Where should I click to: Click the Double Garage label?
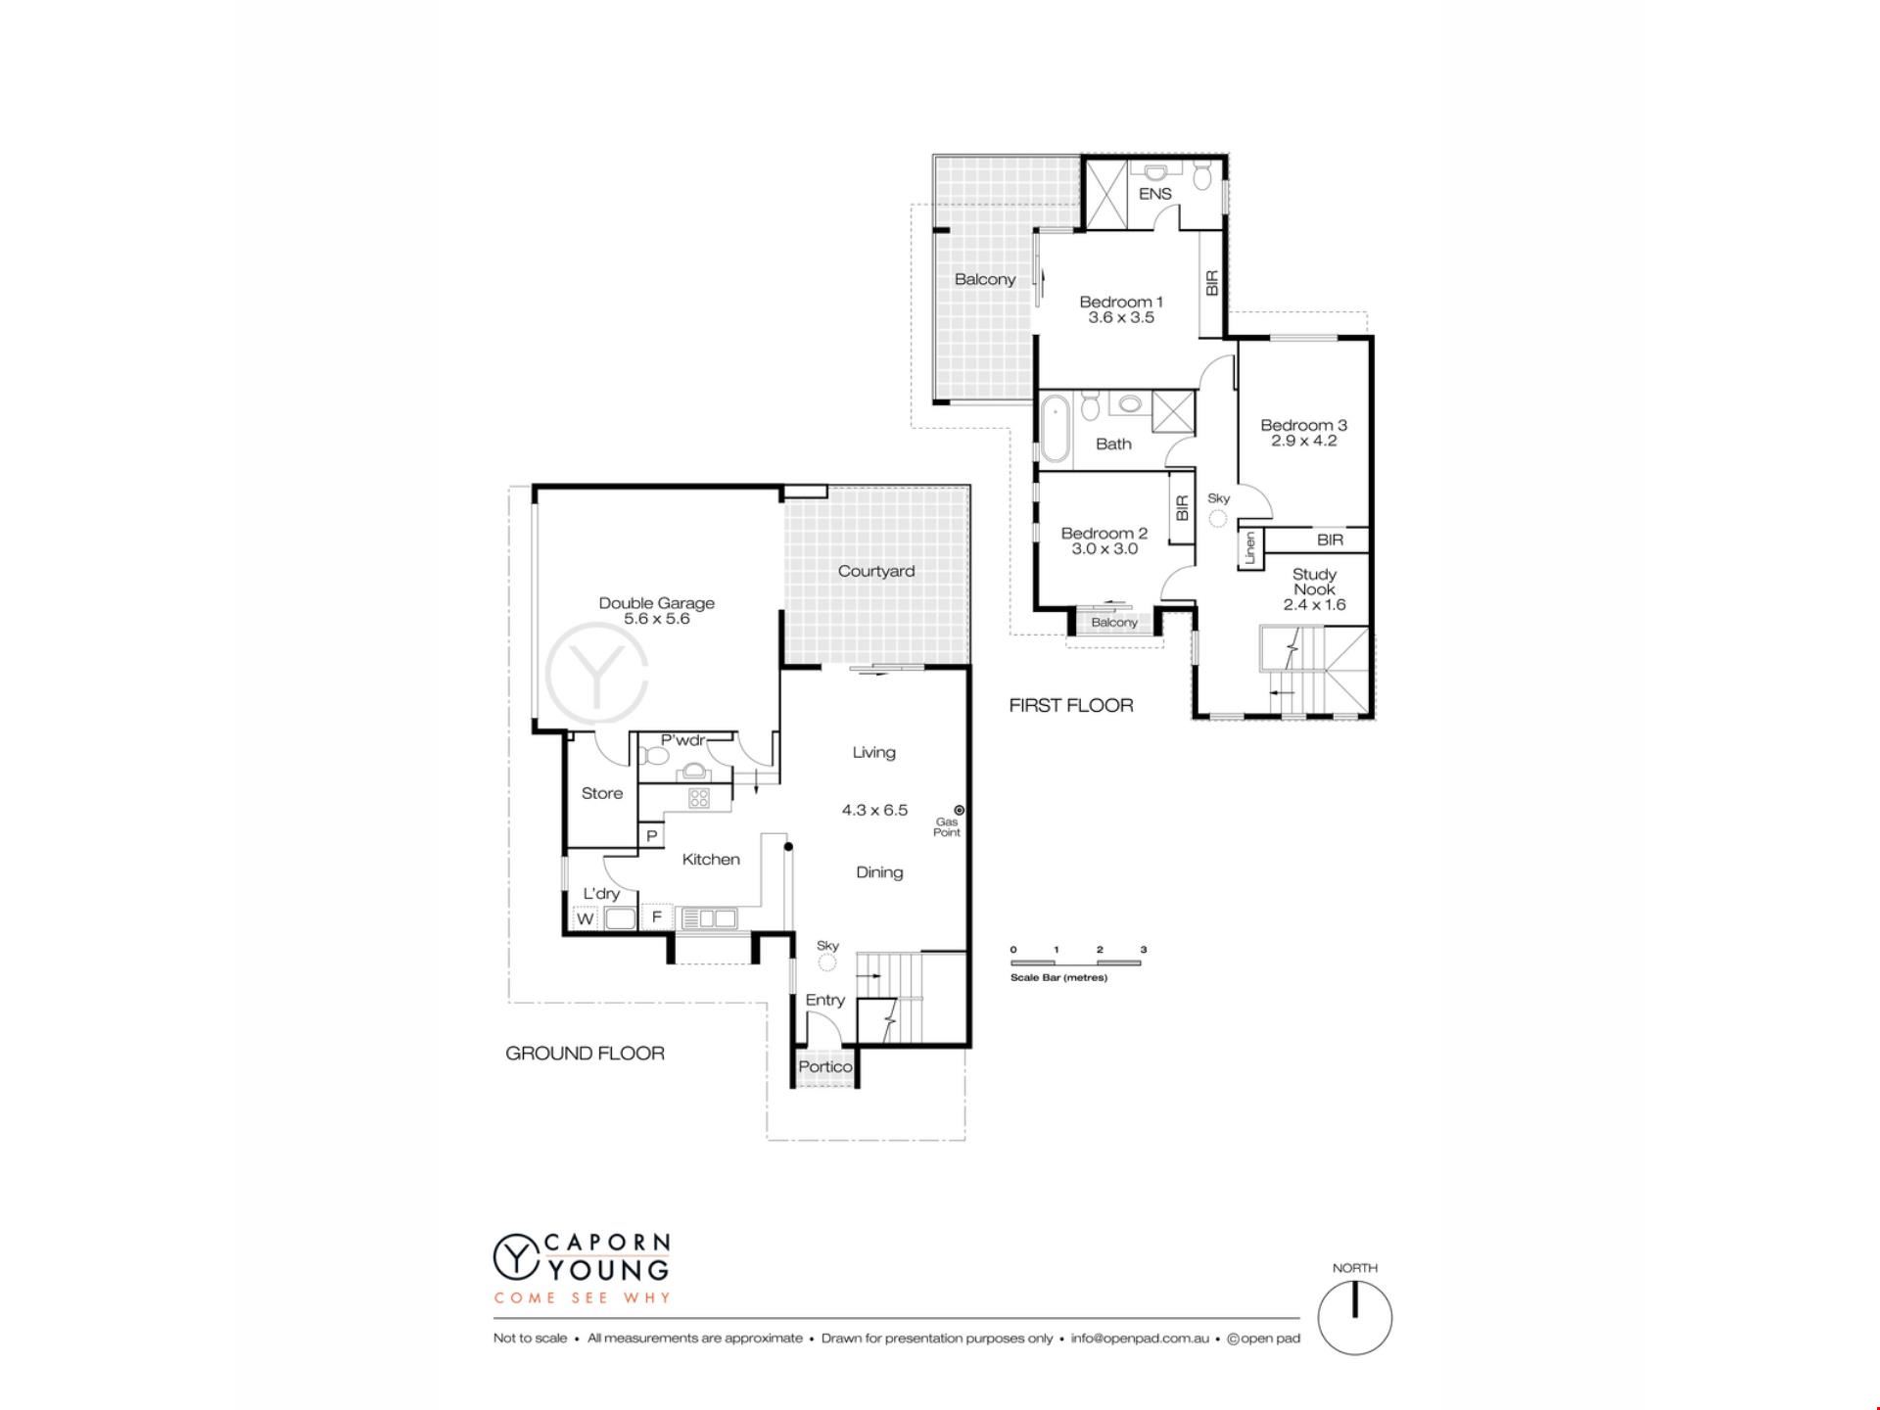pos(656,603)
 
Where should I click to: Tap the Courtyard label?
pos(876,571)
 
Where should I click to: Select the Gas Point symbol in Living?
pos(960,810)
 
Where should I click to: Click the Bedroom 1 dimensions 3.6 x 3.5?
pos(1121,317)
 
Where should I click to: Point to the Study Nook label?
pos(1314,582)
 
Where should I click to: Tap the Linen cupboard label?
pos(1249,548)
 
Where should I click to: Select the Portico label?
pos(825,1066)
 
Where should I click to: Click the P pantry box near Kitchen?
pos(652,836)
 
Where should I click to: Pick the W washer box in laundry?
pos(585,918)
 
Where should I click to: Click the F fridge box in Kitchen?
pos(657,917)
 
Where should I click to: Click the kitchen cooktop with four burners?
pos(698,798)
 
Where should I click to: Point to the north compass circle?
pos(1355,1318)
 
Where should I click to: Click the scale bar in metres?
pos(1077,963)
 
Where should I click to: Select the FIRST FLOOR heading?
pos(1071,705)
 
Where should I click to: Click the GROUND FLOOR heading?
pos(585,1054)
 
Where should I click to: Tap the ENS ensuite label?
pos(1155,194)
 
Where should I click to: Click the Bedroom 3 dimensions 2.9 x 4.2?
pos(1304,441)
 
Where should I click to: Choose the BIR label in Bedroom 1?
pos(1212,283)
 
